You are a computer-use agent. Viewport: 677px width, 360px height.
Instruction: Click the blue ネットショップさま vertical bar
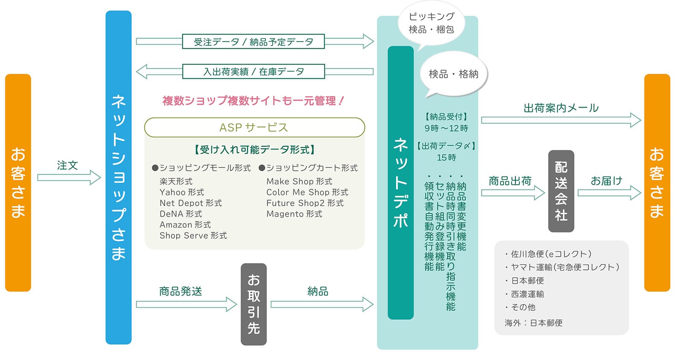[x=119, y=177]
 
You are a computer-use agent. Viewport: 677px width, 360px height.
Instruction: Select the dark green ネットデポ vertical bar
[x=400, y=183]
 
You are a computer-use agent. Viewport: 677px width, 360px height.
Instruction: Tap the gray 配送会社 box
[x=561, y=191]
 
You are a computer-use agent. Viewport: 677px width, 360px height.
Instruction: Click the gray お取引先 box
[x=254, y=304]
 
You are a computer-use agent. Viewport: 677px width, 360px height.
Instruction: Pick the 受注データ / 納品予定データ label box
[x=253, y=41]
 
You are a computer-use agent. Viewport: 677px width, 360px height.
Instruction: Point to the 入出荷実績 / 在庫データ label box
[x=253, y=71]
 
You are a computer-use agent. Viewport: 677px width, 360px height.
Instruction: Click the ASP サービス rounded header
[x=254, y=127]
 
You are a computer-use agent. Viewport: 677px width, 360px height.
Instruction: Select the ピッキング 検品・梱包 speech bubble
[x=431, y=23]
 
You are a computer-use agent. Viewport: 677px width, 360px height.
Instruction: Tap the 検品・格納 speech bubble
[x=453, y=74]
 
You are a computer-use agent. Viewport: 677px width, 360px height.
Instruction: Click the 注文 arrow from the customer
[x=69, y=177]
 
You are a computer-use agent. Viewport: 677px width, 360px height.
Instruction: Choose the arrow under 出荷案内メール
[x=561, y=120]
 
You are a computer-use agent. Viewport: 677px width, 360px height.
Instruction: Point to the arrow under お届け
[x=609, y=193]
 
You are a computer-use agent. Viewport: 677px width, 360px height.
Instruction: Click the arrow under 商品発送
[x=186, y=304]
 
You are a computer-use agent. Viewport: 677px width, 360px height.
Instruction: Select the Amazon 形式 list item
[x=185, y=225]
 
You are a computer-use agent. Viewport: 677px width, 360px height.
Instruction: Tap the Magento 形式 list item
[x=294, y=214]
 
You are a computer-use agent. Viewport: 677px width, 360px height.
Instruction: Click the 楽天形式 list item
[x=176, y=181]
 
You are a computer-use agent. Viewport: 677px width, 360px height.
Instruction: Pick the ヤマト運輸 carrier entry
[x=562, y=267]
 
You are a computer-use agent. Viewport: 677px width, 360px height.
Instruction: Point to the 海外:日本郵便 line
[x=534, y=323]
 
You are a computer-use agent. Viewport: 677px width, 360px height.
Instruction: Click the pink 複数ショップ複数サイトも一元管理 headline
[x=253, y=101]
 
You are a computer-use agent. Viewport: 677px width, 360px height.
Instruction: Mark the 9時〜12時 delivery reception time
[x=446, y=128]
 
